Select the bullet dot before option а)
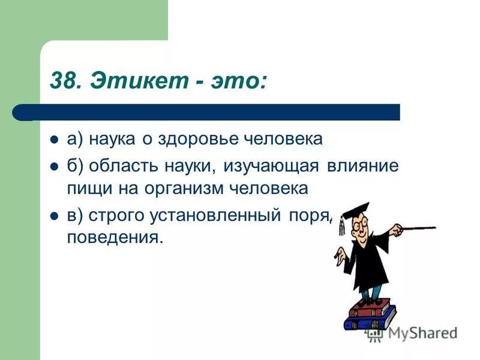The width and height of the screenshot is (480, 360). (x=53, y=140)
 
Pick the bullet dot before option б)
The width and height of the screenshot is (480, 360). (x=53, y=166)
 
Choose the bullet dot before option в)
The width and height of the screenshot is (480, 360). (x=53, y=215)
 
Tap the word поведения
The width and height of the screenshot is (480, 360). (x=115, y=238)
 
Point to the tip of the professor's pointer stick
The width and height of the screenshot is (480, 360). (x=434, y=227)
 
